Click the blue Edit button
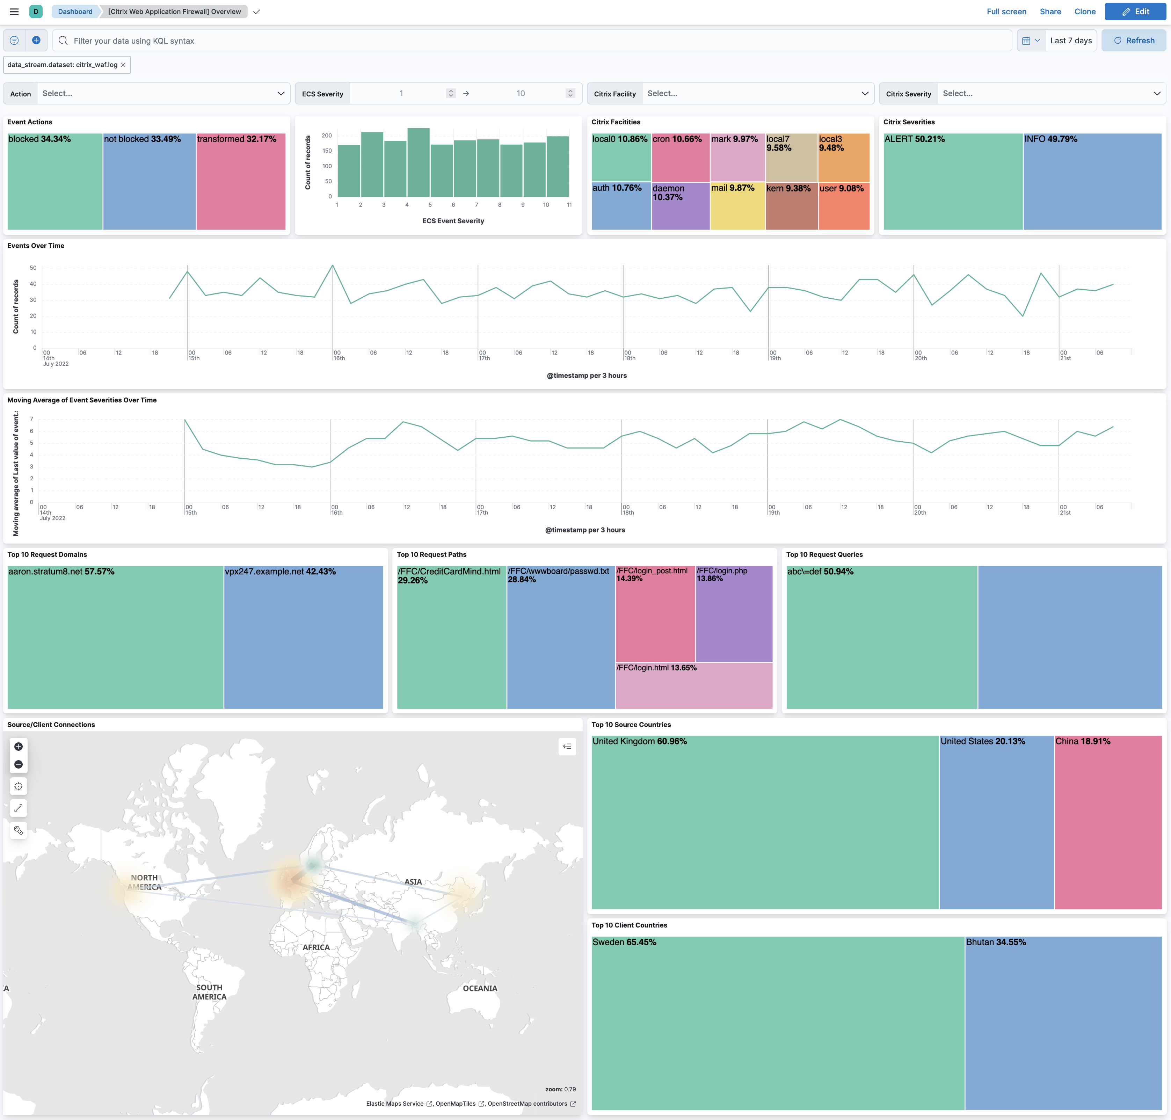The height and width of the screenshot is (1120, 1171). pos(1135,11)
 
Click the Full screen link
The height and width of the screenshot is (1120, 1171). pos(1006,11)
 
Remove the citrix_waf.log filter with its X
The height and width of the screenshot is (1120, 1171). pos(123,65)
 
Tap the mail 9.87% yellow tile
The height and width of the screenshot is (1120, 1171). pos(737,206)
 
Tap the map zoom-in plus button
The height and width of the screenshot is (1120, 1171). pos(19,746)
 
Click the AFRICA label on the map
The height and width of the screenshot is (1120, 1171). pos(316,947)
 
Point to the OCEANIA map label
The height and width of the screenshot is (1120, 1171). pos(480,988)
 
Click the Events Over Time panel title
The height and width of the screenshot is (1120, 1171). pos(36,245)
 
